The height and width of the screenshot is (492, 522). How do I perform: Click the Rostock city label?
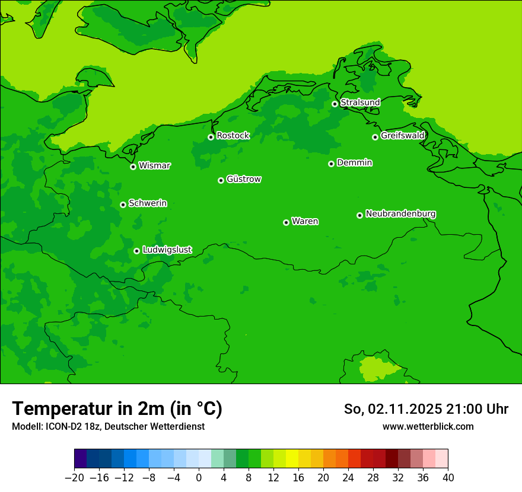tap(233, 136)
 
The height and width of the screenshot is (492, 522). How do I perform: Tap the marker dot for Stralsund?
tap(335, 104)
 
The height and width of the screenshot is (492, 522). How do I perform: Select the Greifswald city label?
tap(403, 136)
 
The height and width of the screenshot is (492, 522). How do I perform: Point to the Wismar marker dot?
tap(133, 167)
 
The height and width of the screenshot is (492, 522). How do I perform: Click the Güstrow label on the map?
tap(244, 179)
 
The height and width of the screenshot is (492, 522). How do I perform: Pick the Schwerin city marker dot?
tap(123, 205)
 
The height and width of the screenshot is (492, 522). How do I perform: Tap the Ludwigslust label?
tap(167, 250)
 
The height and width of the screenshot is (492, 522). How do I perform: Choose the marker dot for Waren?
tap(286, 222)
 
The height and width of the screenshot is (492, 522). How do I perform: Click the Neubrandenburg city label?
tap(401, 213)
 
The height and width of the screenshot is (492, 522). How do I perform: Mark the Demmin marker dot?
tap(331, 164)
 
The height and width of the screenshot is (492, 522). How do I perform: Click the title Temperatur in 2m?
tap(117, 409)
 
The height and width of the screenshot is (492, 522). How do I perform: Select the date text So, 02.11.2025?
tap(393, 409)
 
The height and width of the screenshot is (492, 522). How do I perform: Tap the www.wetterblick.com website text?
tap(428, 426)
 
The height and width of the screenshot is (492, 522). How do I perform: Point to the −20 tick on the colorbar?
tap(75, 478)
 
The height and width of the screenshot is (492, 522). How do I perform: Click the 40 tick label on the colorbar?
tap(448, 478)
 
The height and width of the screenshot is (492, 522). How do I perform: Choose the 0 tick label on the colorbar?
tap(199, 478)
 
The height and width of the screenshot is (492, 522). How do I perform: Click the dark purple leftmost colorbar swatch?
tap(81, 459)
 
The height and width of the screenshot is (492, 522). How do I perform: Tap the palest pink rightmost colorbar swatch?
tap(441, 459)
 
